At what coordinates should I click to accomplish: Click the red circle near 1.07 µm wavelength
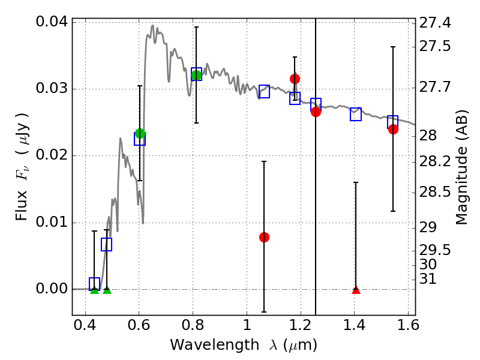(264, 237)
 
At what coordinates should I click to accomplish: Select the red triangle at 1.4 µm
(356, 290)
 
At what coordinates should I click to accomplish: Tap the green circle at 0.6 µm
(140, 133)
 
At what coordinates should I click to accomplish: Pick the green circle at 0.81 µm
(196, 74)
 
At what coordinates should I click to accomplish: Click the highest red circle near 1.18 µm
(295, 79)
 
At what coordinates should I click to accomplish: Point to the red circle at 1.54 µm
(393, 129)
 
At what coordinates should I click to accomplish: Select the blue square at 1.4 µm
(356, 114)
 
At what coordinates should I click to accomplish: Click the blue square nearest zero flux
(94, 284)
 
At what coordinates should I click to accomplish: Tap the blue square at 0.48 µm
(107, 244)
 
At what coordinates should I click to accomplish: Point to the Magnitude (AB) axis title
(461, 169)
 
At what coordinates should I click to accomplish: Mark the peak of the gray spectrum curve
(152, 25)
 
